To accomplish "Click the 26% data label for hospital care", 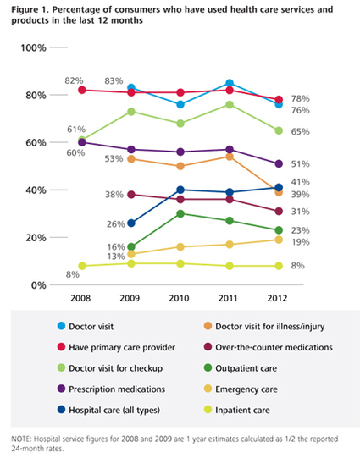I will point(115,224).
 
